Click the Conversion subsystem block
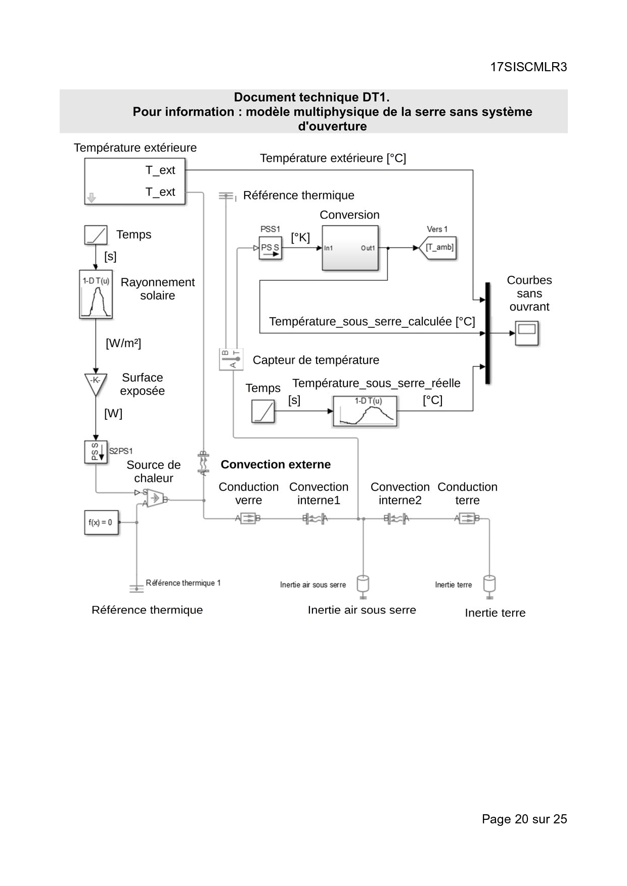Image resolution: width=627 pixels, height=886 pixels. click(350, 248)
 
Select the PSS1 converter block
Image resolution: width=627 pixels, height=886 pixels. click(270, 248)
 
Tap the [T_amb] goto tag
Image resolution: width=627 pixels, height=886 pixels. click(438, 248)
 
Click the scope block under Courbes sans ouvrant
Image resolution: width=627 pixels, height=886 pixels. click(526, 333)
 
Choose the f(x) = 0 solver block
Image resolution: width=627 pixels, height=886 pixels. click(101, 522)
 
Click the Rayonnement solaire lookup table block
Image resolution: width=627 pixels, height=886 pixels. click(96, 294)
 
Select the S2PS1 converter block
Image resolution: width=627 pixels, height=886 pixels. click(96, 452)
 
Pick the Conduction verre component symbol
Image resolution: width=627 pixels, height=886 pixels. click(248, 518)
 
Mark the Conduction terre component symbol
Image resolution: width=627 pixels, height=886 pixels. click(467, 518)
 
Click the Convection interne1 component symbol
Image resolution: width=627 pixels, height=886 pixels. click(315, 518)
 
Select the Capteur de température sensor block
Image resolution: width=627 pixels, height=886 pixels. click(231, 359)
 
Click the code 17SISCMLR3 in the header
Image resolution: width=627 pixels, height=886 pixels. click(528, 67)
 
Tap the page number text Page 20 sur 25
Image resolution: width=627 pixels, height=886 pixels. click(524, 819)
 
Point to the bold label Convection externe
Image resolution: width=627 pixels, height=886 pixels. click(276, 464)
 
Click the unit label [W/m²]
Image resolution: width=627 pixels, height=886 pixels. click(123, 343)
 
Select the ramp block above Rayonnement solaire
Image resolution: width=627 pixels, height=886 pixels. click(96, 235)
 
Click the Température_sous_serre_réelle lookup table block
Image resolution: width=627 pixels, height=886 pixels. click(365, 411)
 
